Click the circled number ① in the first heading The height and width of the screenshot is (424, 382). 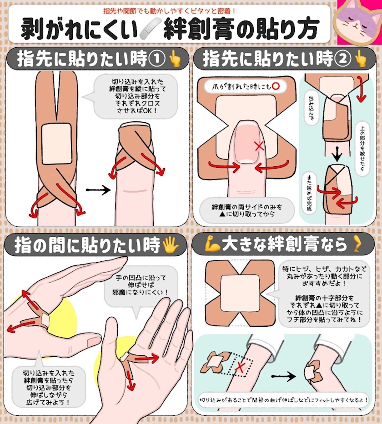[x=156, y=59]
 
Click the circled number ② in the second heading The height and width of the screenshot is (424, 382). [x=342, y=59]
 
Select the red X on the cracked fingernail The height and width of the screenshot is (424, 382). [x=260, y=146]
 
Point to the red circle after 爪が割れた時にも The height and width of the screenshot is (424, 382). [x=276, y=86]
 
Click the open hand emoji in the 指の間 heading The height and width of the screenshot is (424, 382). [x=170, y=245]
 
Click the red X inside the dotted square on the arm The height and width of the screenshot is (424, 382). [x=240, y=367]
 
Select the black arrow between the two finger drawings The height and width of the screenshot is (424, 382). [x=98, y=190]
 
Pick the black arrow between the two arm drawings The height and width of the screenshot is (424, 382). [x=283, y=376]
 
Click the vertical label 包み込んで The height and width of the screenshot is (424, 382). [x=311, y=108]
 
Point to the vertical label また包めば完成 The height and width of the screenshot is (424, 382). [x=309, y=193]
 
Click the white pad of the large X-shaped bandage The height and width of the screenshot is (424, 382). [x=240, y=294]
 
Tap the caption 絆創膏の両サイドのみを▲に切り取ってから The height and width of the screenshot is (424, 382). [x=247, y=211]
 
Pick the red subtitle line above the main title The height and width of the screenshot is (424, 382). [x=169, y=11]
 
